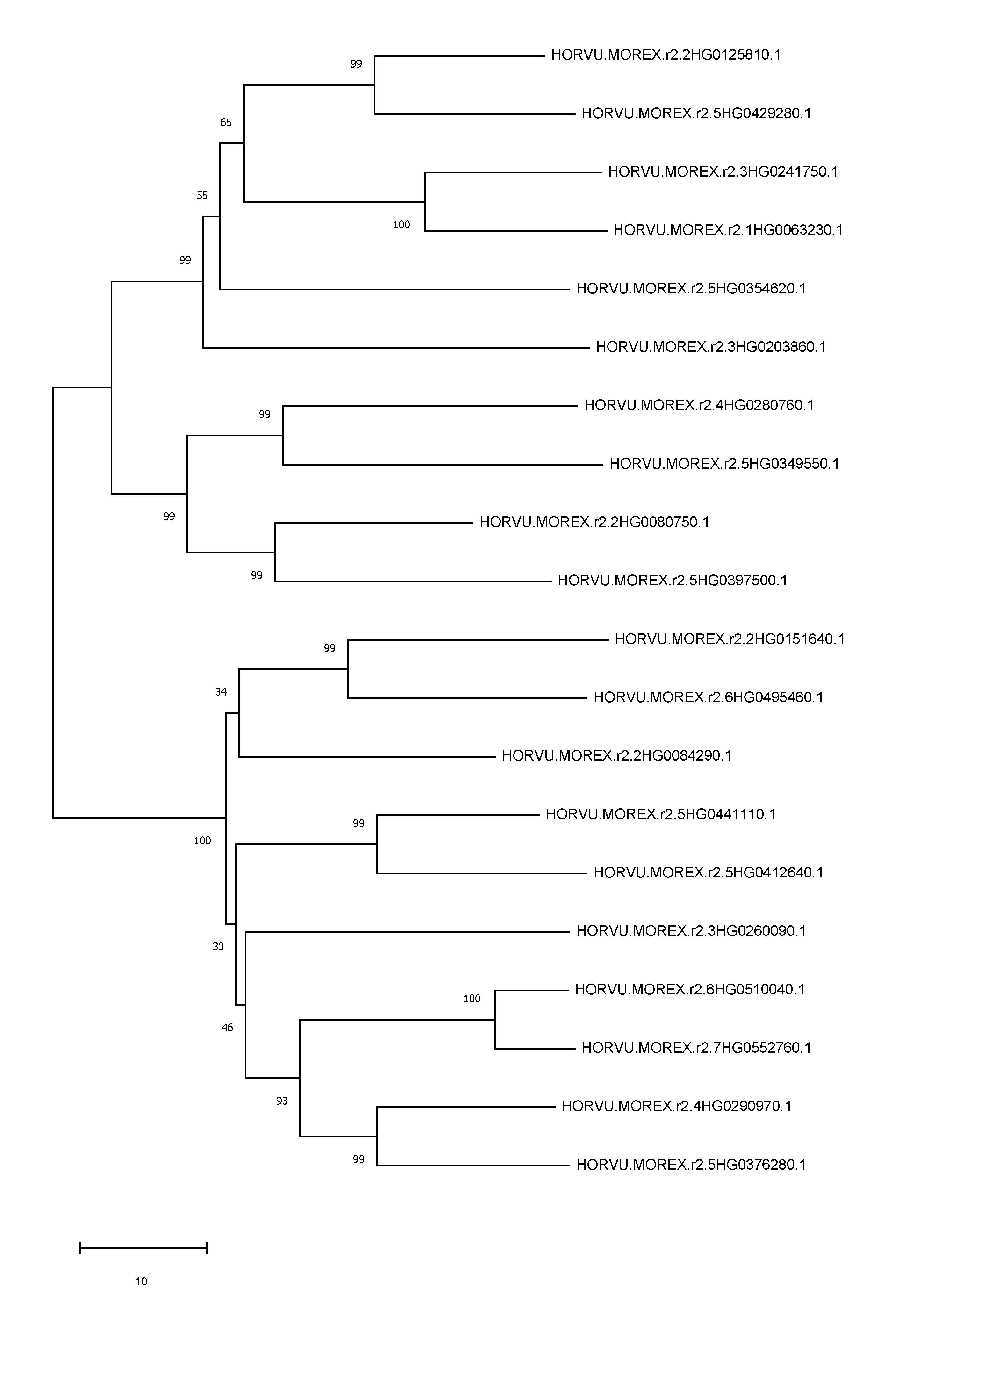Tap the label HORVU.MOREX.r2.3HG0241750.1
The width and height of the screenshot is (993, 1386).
pyautogui.click(x=723, y=172)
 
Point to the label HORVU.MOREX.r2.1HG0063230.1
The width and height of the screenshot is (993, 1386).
pyautogui.click(x=728, y=230)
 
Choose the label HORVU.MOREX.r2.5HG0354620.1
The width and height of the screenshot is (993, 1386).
pyautogui.click(x=691, y=288)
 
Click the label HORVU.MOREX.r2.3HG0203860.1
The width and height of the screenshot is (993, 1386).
pyautogui.click(x=711, y=347)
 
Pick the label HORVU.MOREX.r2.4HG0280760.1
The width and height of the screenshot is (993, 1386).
pyautogui.click(x=699, y=405)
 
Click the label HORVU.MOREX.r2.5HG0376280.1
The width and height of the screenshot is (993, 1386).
pyautogui.click(x=691, y=1165)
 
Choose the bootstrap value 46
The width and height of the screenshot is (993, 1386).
pyautogui.click(x=227, y=1028)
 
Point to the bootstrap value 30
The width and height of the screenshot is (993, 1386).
pyautogui.click(x=218, y=947)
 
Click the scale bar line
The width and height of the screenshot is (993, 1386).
pyautogui.click(x=144, y=1248)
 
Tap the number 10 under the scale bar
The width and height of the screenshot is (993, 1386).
pyautogui.click(x=141, y=1281)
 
